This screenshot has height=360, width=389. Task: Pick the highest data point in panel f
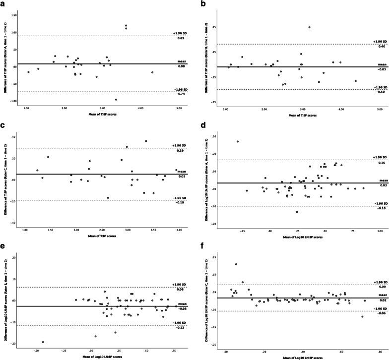tap(236, 264)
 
